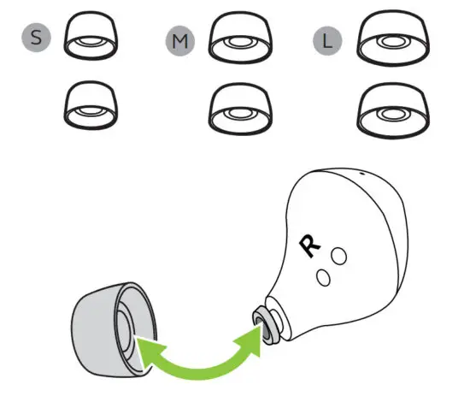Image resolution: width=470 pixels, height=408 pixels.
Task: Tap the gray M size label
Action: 179,40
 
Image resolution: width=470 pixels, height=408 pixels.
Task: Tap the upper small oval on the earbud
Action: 338,255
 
